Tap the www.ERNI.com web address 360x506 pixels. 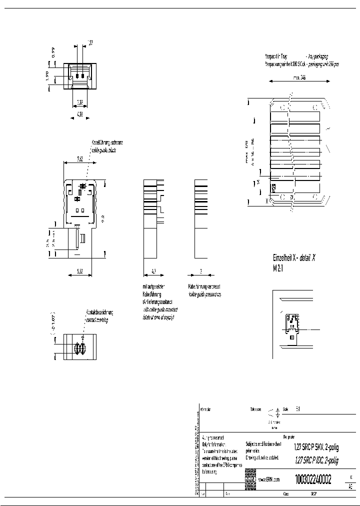pos(269,479)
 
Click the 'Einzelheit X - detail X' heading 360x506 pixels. pos(294,258)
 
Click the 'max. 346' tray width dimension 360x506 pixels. pos(299,77)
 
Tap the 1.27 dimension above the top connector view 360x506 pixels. pos(90,42)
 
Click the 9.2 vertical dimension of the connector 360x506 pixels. pos(102,217)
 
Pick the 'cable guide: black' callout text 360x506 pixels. pos(103,150)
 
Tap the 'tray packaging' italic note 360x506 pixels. pos(319,57)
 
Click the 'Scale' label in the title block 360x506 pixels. pos(285,409)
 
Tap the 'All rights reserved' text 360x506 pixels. pos(212,437)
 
